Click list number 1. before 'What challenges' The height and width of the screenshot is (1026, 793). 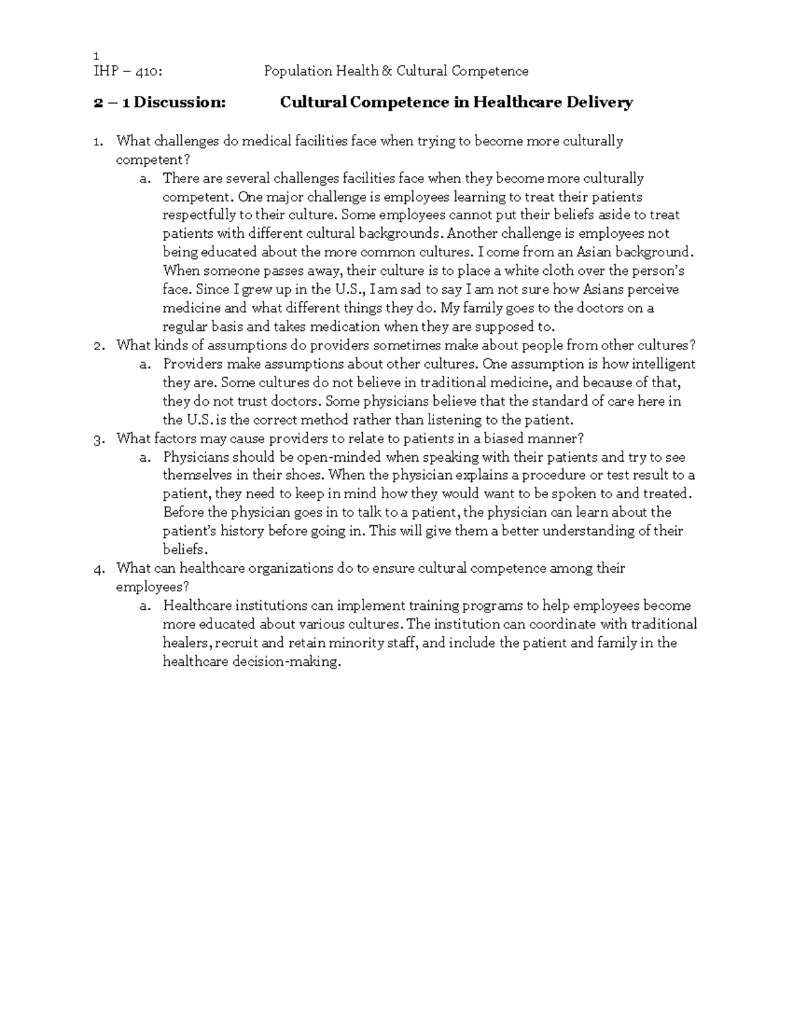98,141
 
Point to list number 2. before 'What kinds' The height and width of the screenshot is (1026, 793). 98,346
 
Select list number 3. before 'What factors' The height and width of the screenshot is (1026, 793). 98,439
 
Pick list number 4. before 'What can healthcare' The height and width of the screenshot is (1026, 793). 98,569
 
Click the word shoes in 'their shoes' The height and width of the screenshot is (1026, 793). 307,476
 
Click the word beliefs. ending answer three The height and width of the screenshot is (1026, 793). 184,550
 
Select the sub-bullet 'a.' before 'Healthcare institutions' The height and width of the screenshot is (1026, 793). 145,606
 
